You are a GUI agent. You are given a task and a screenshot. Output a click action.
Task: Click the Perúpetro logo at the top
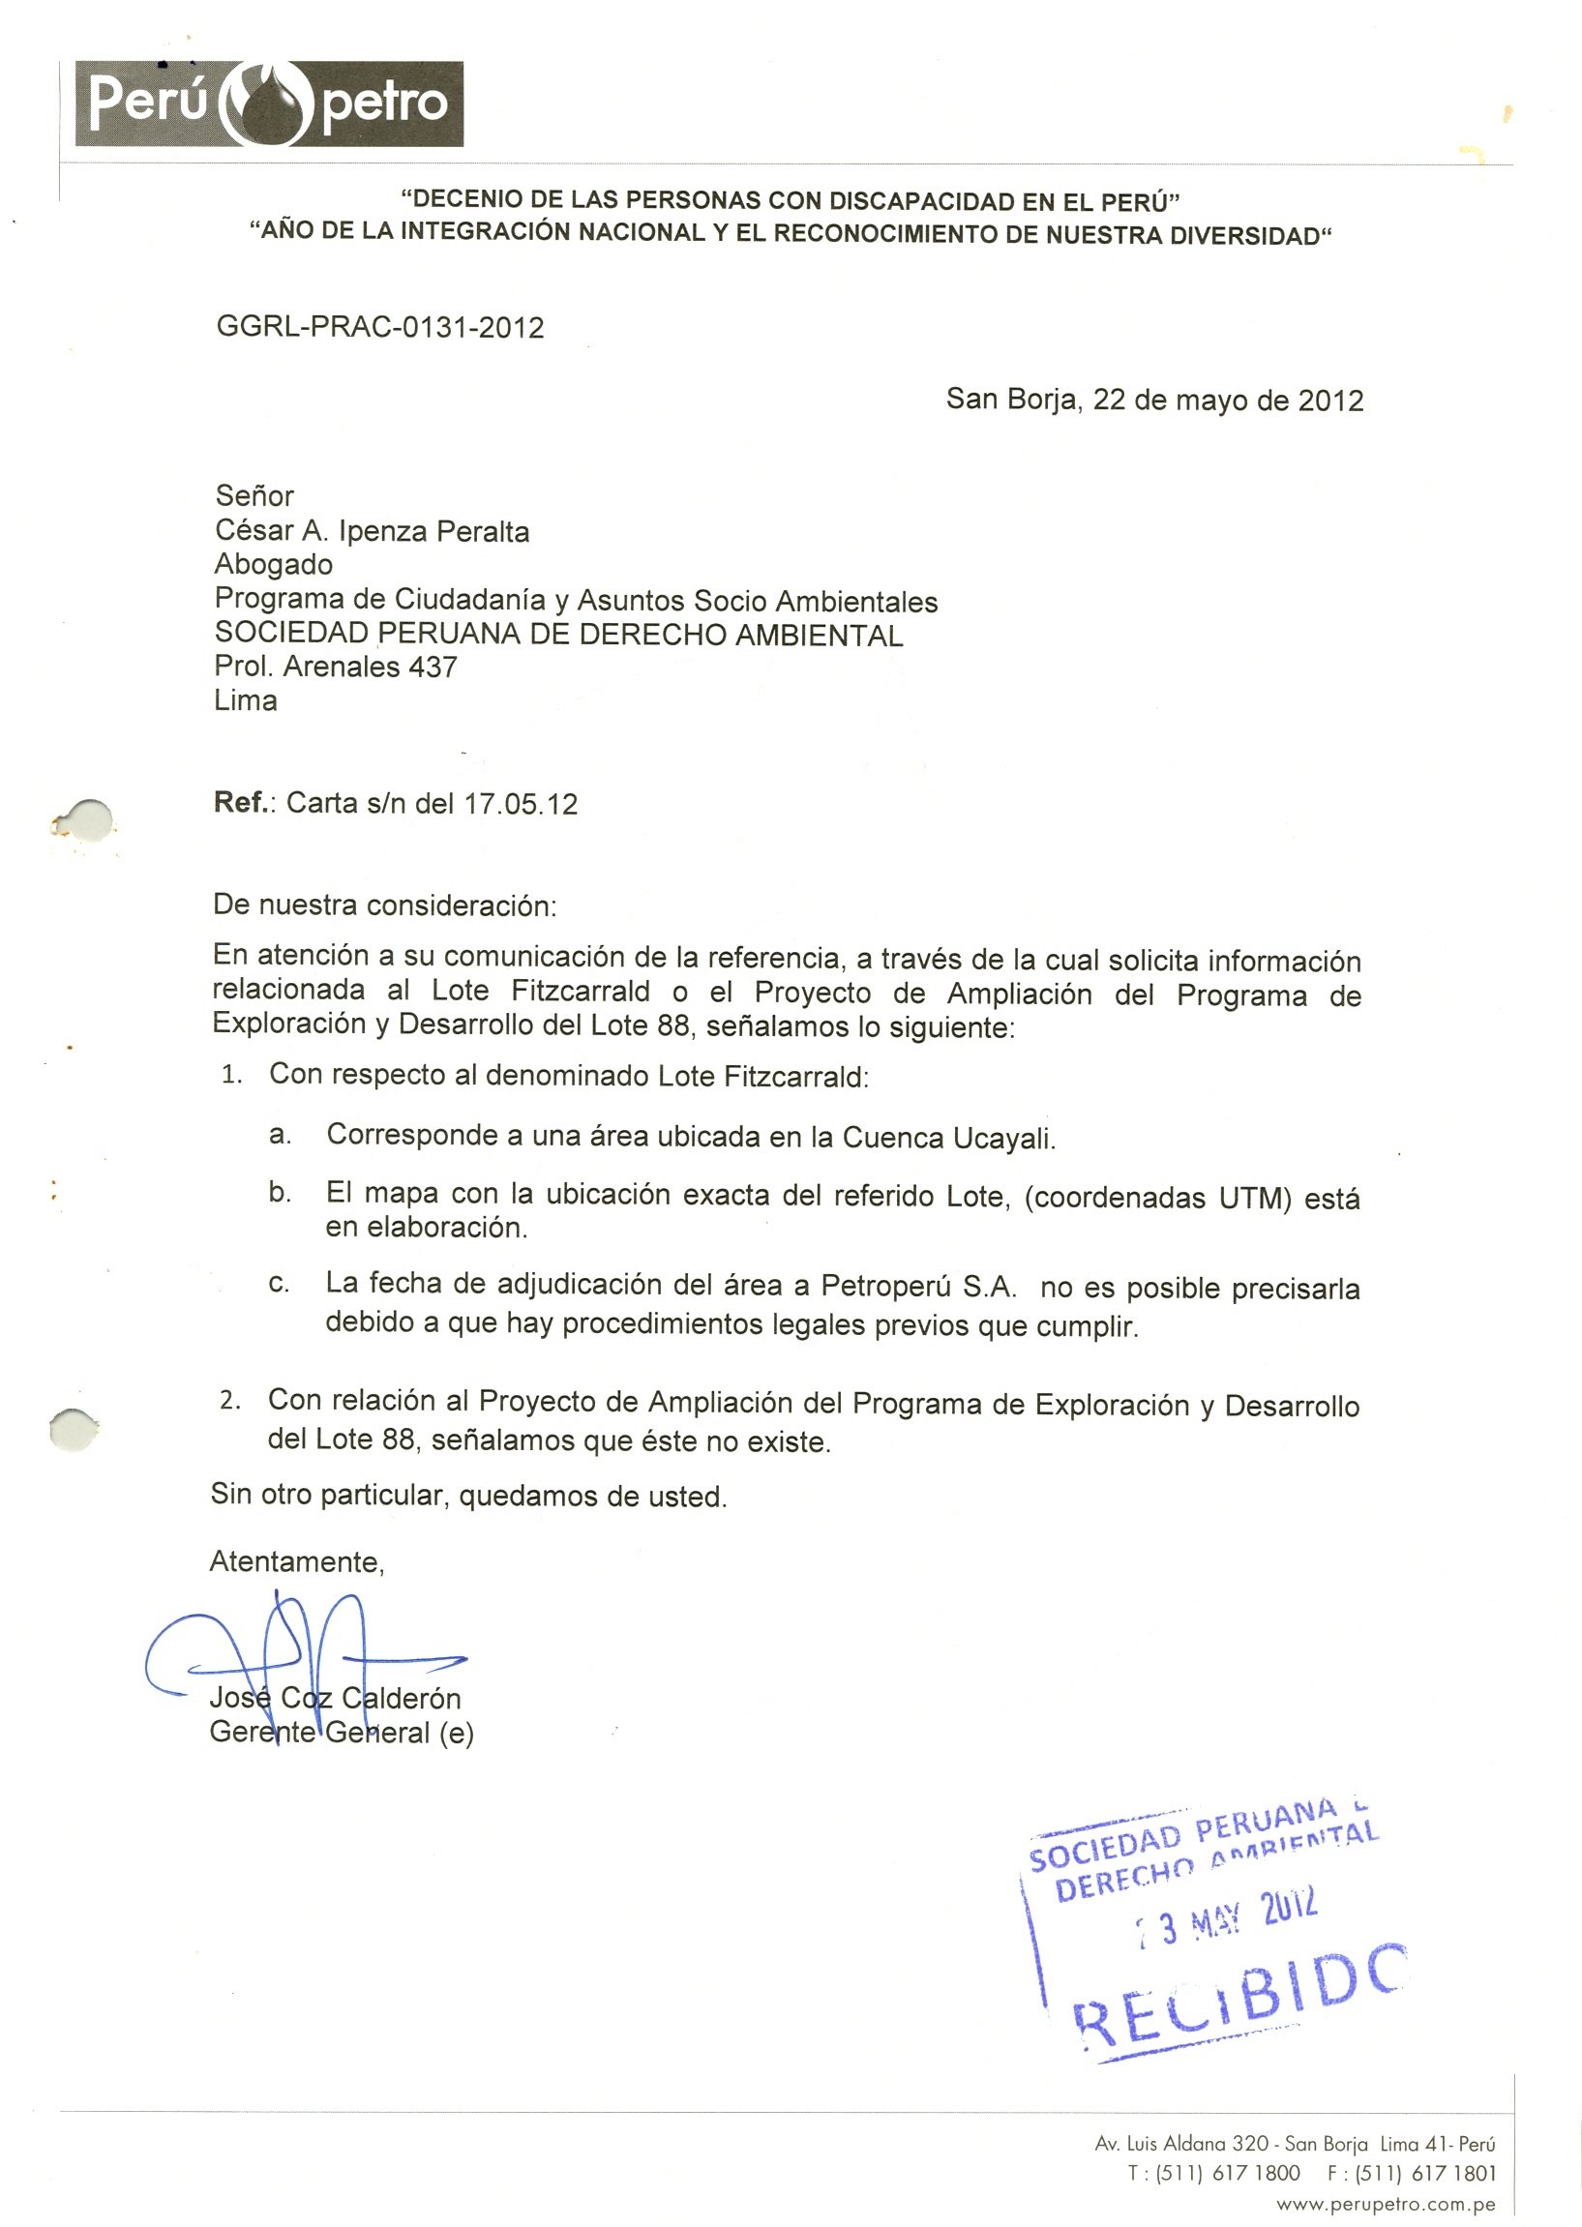tap(270, 104)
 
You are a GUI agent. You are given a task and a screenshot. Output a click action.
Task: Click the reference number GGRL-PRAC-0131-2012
tap(380, 327)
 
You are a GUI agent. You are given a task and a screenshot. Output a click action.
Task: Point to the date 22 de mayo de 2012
tap(1228, 401)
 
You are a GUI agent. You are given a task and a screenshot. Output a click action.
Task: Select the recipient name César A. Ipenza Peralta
tap(373, 531)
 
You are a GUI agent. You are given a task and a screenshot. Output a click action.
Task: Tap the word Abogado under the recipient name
tap(274, 564)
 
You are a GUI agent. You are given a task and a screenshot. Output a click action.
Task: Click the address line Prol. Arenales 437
tap(336, 667)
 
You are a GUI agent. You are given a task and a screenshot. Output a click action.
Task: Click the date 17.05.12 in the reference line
tap(521, 803)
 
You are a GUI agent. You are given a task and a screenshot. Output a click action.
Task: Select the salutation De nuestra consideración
tap(385, 905)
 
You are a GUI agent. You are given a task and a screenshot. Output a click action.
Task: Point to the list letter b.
tap(280, 1193)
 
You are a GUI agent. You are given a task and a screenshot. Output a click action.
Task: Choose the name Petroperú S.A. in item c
tap(918, 1287)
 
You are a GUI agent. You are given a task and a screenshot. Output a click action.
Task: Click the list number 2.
tap(230, 1400)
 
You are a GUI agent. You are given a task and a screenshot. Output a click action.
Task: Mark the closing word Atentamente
tap(297, 1562)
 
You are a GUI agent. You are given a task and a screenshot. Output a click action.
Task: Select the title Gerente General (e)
tap(342, 1733)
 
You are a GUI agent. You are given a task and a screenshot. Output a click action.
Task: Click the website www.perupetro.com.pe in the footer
tap(1386, 2204)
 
